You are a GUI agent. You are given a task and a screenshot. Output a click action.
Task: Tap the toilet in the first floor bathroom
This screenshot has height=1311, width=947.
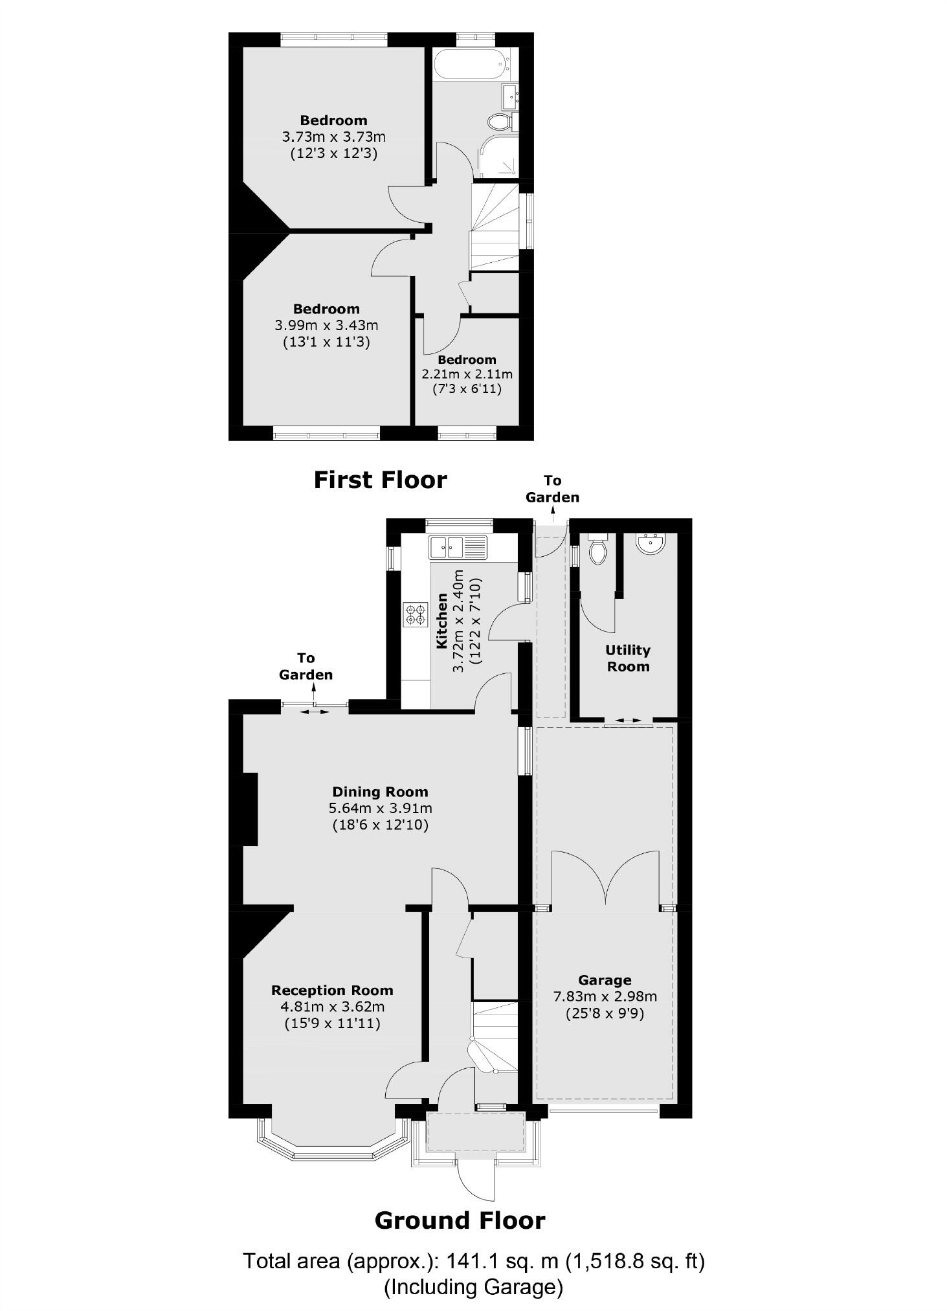(x=500, y=121)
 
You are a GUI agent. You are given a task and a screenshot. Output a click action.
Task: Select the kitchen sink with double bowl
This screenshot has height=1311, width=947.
(x=457, y=547)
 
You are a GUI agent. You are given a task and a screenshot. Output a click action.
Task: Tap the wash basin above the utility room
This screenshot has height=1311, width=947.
(x=648, y=544)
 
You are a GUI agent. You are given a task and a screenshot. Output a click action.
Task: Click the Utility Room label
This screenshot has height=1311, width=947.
(x=627, y=658)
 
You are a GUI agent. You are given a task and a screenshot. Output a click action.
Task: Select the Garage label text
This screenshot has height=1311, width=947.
(x=605, y=980)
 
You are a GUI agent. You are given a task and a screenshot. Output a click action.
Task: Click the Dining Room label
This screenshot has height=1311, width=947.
(x=380, y=791)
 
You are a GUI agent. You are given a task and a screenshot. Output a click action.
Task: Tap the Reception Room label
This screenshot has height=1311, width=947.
(x=332, y=990)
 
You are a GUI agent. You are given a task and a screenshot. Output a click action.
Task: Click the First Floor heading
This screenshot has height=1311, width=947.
(x=380, y=480)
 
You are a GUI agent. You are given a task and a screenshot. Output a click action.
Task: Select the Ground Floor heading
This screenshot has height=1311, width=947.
(x=460, y=1220)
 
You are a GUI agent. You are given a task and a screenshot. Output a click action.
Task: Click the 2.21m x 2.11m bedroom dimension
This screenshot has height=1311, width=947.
(x=467, y=374)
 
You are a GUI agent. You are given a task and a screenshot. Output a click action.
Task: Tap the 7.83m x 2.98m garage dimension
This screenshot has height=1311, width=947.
(x=605, y=996)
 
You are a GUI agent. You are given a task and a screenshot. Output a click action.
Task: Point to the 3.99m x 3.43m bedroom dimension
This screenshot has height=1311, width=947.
(x=326, y=325)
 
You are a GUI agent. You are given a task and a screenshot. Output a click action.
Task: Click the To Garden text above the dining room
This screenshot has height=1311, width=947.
(x=306, y=666)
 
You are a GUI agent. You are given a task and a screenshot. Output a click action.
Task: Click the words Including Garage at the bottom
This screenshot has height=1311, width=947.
(x=473, y=1287)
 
